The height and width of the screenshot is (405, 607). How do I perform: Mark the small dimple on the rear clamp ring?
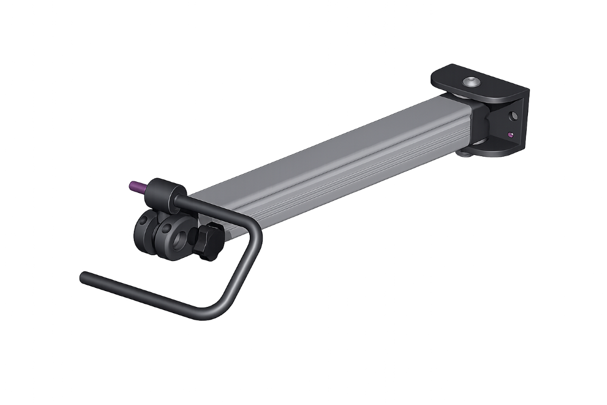click(x=143, y=221)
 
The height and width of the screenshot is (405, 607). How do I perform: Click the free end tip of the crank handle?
click(x=83, y=275)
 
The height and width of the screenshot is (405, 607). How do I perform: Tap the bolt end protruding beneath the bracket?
click(x=464, y=153)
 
